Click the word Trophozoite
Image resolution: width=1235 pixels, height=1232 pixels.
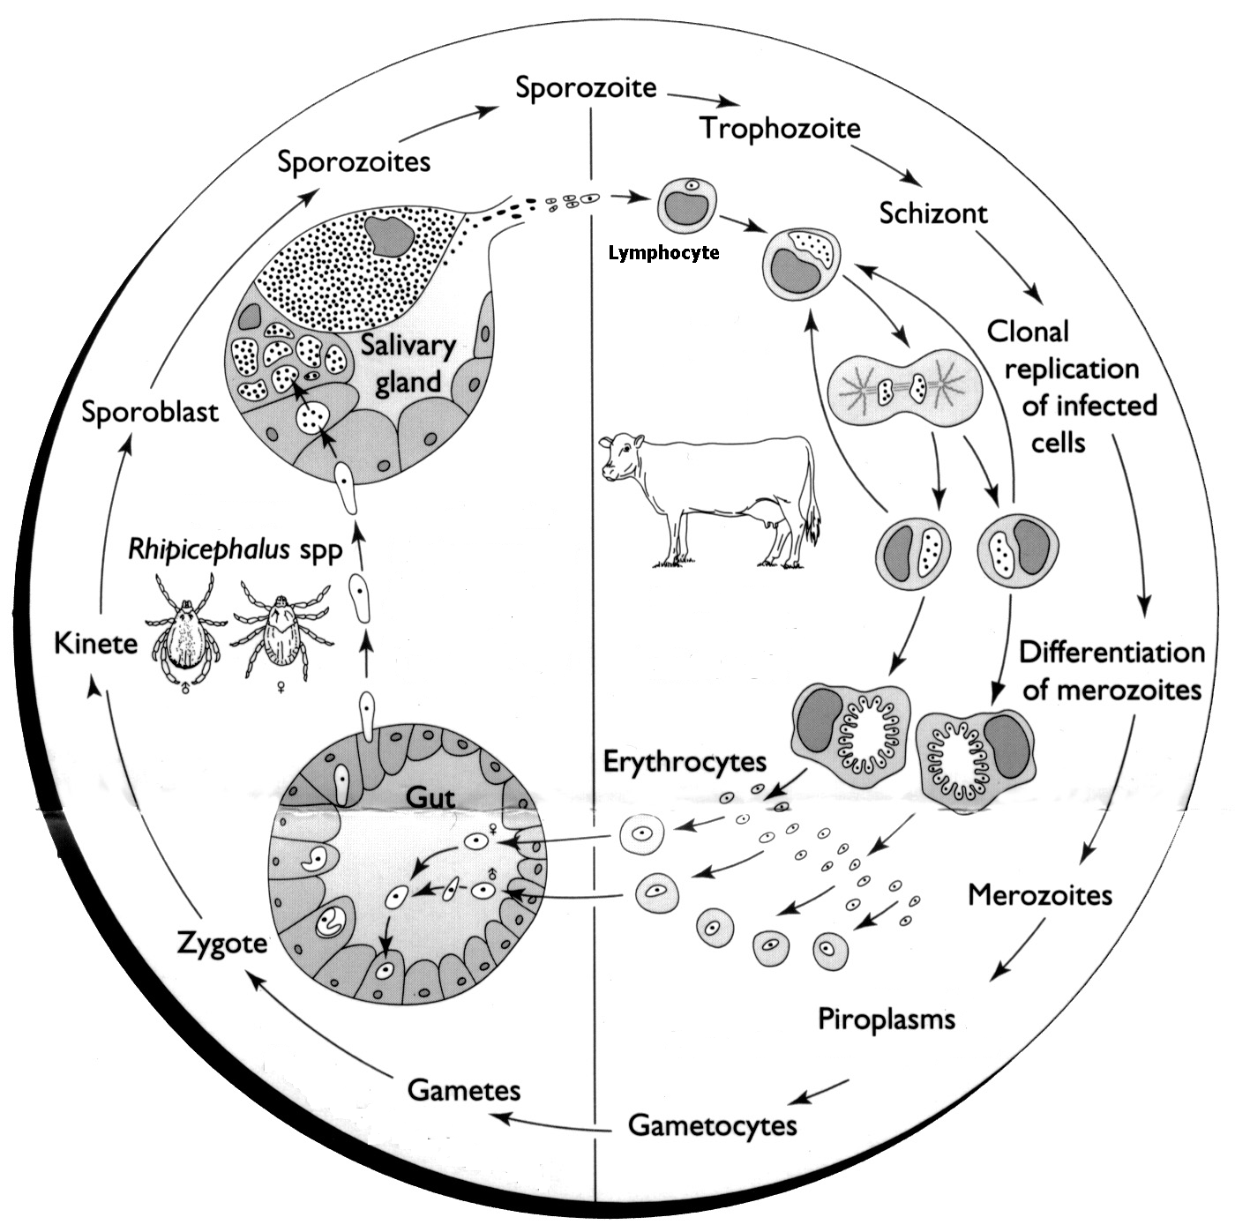(x=780, y=129)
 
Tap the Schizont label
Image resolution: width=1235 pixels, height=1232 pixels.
(x=932, y=213)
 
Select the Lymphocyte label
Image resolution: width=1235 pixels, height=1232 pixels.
(x=663, y=254)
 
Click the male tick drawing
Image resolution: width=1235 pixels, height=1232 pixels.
(x=185, y=629)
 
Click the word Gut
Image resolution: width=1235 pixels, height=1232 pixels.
(x=430, y=797)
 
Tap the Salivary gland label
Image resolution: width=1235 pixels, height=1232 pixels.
(x=408, y=363)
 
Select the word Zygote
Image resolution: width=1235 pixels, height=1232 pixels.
(x=221, y=942)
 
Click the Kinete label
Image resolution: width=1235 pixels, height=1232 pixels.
(x=95, y=644)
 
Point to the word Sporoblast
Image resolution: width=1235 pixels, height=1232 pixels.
(x=149, y=412)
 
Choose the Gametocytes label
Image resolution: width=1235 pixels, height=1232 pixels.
(x=712, y=1125)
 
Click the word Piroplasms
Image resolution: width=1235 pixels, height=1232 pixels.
(x=886, y=1019)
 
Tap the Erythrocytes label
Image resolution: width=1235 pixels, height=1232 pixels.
(x=685, y=761)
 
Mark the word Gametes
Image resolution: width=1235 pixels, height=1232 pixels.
(x=463, y=1090)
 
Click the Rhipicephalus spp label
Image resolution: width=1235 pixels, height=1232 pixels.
(x=235, y=549)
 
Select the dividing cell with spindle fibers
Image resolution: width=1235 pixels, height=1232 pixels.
(x=906, y=385)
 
